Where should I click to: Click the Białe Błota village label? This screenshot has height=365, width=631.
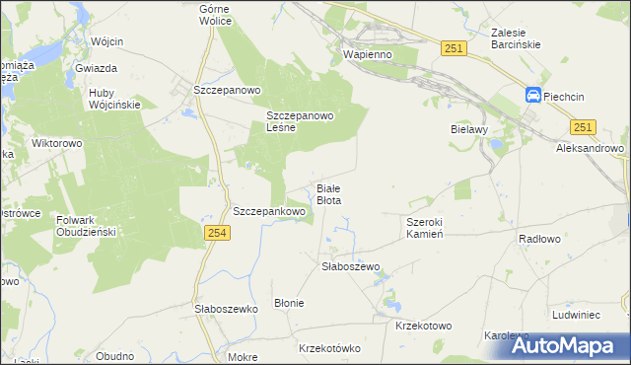(328, 193)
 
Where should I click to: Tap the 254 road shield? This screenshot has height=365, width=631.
(218, 232)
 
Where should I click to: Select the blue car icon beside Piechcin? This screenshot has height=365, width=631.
(532, 96)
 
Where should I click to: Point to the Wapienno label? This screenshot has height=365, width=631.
(367, 55)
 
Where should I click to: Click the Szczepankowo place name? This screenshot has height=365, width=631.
(268, 211)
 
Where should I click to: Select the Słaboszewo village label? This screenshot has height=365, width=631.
(351, 266)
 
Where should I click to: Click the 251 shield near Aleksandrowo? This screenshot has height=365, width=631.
(583, 127)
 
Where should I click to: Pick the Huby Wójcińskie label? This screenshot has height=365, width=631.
(114, 99)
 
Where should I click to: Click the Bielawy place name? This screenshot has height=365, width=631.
(469, 129)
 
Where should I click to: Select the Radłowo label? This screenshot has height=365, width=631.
(539, 239)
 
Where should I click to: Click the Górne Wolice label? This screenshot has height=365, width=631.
(215, 14)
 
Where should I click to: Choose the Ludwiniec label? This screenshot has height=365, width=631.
(577, 315)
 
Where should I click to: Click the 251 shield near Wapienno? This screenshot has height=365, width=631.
(454, 48)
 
